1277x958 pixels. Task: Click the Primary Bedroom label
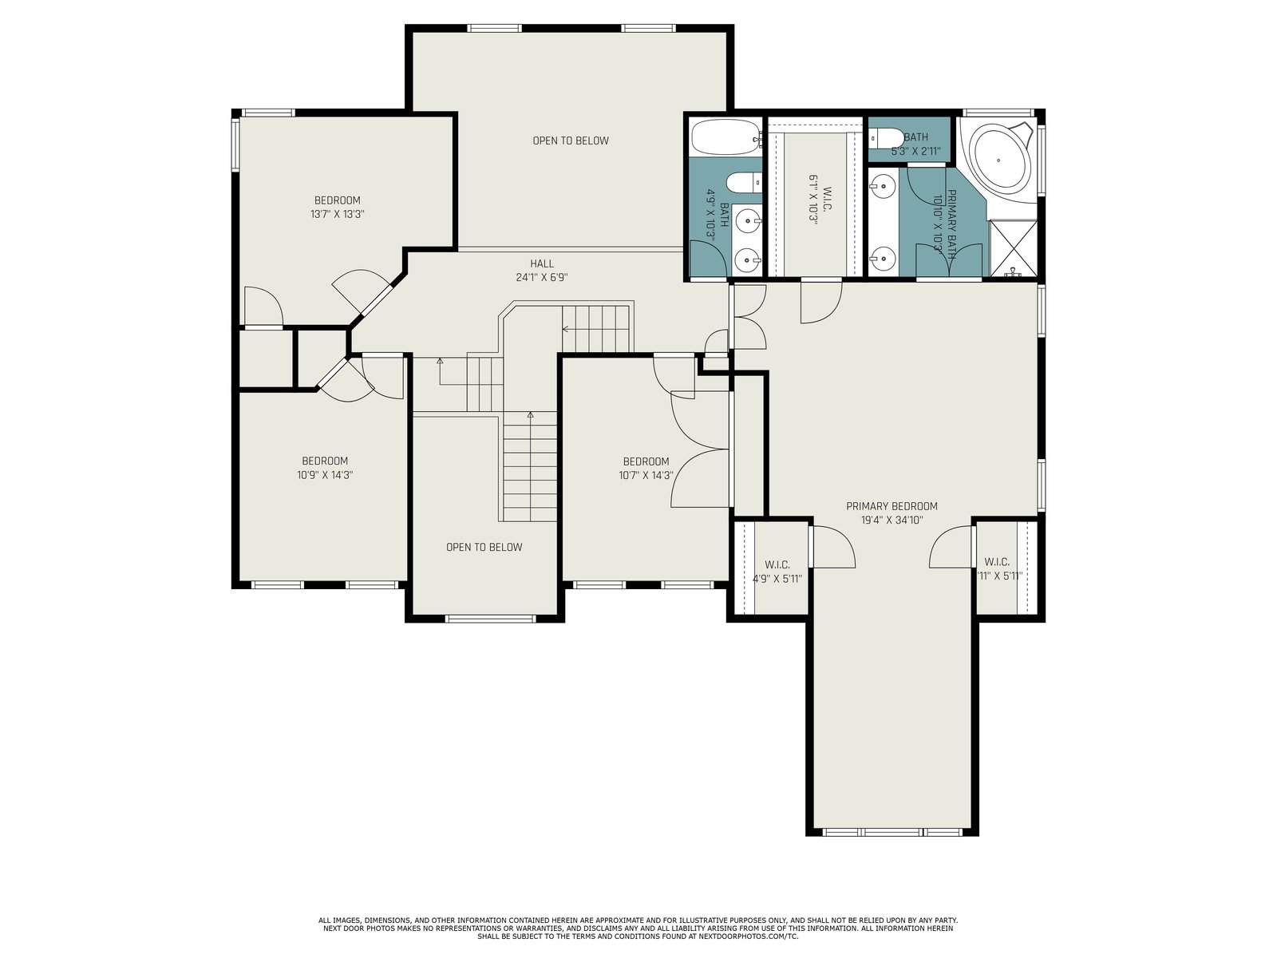pos(892,506)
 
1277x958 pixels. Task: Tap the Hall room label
pos(542,264)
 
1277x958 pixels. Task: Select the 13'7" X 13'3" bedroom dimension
pos(338,214)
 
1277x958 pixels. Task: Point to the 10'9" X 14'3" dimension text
pos(325,475)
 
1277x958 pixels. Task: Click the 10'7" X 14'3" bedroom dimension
pos(646,475)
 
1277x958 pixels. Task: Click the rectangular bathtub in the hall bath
pos(726,137)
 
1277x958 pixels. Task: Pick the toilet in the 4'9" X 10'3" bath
pos(744,184)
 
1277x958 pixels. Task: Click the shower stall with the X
pos(1013,247)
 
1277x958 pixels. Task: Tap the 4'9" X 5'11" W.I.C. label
pos(777,572)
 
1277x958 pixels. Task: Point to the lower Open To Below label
pos(484,547)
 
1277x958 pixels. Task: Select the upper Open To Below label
pos(571,141)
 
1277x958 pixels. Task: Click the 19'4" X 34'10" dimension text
pos(892,520)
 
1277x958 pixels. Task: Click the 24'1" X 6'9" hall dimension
pos(542,278)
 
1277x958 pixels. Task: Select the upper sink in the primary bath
pos(882,187)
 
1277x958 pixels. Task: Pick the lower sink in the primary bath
pos(882,256)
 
